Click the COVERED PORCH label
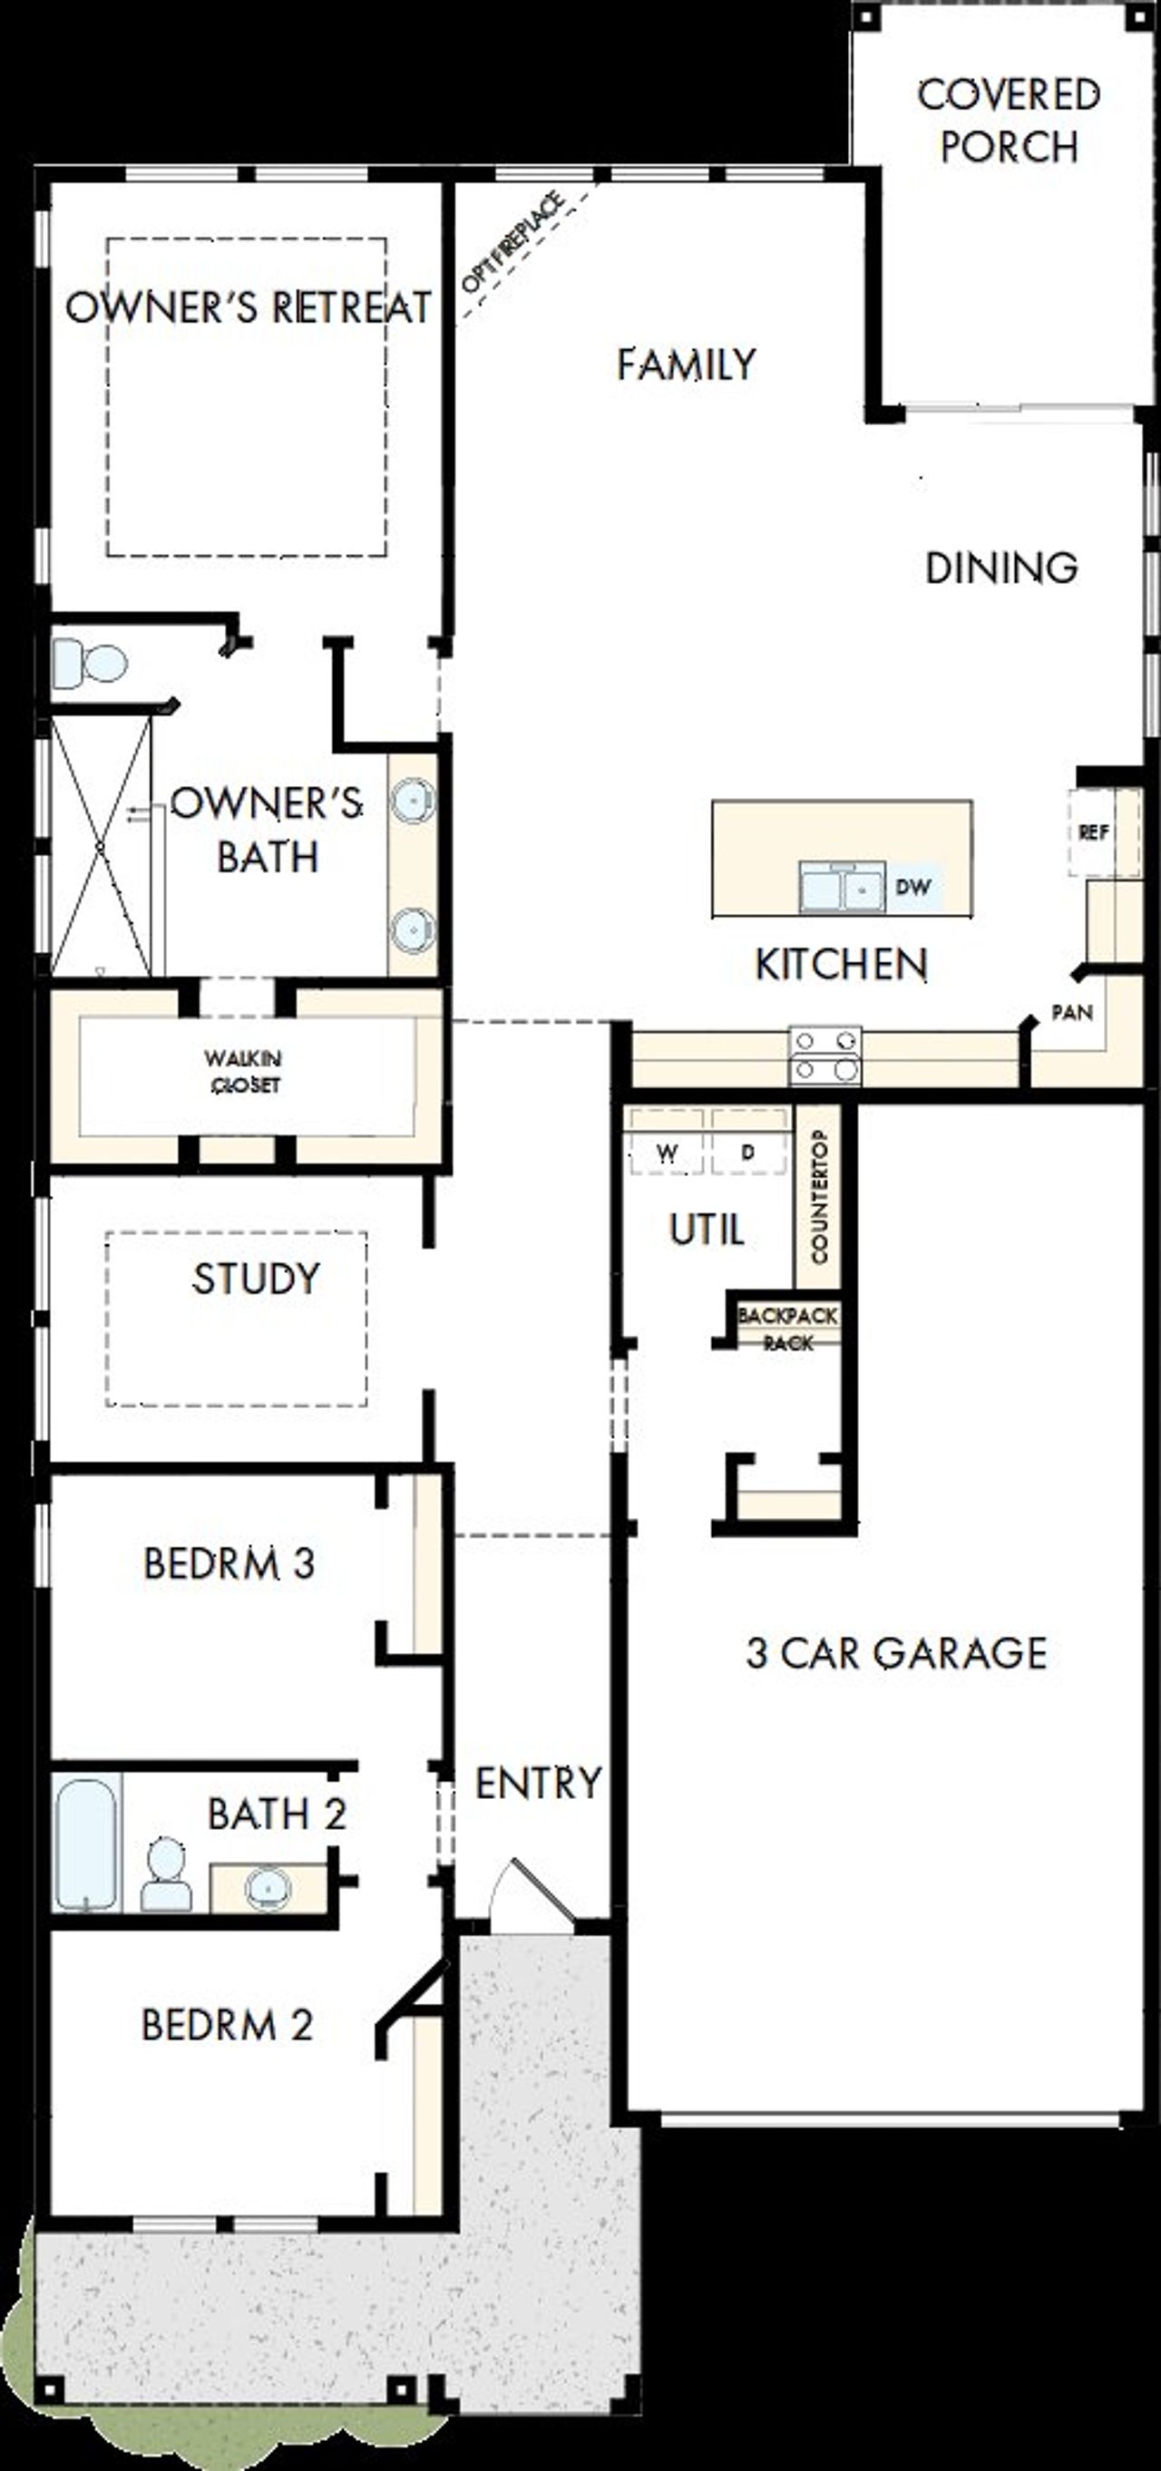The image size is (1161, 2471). point(1009,121)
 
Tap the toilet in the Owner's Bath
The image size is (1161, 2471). point(90,663)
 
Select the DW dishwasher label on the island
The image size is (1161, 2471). point(912,886)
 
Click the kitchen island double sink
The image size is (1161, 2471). point(842,886)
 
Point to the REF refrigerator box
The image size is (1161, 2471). point(1095,832)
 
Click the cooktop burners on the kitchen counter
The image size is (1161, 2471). point(825,1056)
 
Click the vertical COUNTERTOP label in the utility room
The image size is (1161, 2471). point(818,1196)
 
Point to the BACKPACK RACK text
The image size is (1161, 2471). point(787,1328)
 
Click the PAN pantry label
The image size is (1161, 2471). point(1072,1012)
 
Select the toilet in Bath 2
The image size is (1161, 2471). point(166,1875)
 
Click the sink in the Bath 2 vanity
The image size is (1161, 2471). point(268,1888)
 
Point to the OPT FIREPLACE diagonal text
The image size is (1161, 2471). point(512,244)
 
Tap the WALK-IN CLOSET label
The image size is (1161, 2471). point(244,1072)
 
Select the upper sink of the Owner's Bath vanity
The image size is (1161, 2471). point(414,799)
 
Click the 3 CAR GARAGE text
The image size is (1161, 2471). point(896,1653)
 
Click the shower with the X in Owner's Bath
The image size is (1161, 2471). point(101,846)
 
